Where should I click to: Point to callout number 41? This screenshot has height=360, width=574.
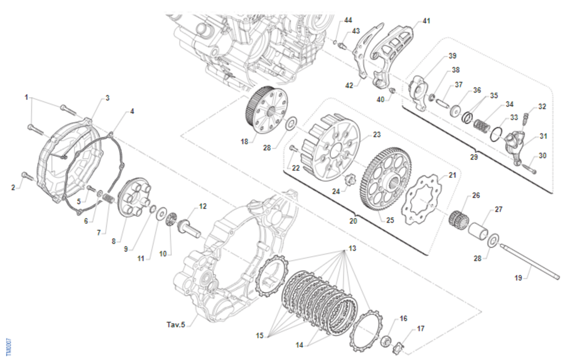pyautogui.click(x=426, y=21)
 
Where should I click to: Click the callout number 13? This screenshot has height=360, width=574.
pyautogui.click(x=352, y=249)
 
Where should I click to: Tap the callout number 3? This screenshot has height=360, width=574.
pyautogui.click(x=108, y=98)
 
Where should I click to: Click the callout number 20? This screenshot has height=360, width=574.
pyautogui.click(x=353, y=221)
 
